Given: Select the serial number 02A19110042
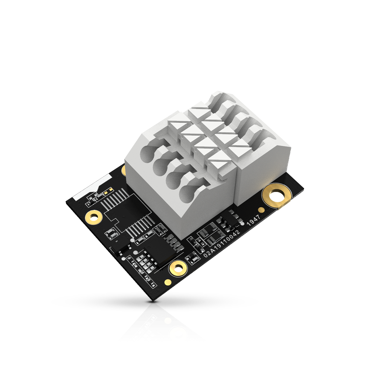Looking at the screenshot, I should click(x=221, y=244).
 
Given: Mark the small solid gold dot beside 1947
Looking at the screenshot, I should click(x=261, y=210).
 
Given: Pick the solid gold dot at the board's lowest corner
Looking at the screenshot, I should click(x=168, y=282).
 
